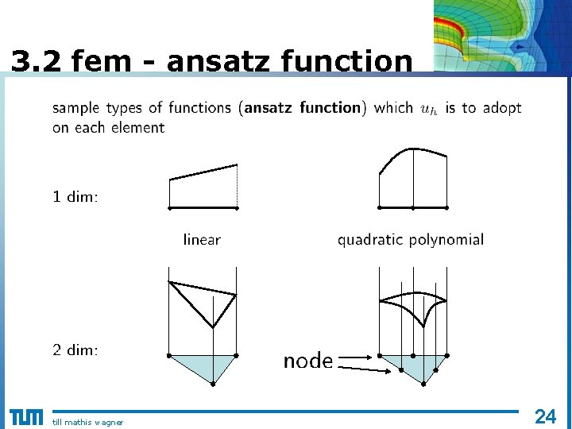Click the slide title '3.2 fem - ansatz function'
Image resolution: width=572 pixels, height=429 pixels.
[x=212, y=60]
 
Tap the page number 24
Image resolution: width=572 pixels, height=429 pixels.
[x=545, y=415]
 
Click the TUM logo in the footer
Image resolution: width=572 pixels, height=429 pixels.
[x=25, y=418]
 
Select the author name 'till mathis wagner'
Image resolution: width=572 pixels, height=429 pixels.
[x=87, y=422]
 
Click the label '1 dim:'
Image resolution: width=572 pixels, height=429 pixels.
[x=75, y=197]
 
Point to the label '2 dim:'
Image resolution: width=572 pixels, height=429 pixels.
[x=75, y=350]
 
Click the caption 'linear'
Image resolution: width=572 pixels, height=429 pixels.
[x=202, y=239]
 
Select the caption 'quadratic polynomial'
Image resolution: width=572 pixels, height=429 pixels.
[x=410, y=239]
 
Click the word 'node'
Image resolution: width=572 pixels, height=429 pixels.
[x=308, y=361]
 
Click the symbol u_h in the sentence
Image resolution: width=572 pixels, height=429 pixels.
[x=429, y=109]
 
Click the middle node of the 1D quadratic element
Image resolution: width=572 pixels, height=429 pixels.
[x=413, y=207]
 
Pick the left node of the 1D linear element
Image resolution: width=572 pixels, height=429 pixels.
[x=169, y=207]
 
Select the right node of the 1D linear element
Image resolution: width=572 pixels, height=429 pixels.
[x=238, y=207]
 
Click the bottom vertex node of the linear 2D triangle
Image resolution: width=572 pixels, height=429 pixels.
[x=213, y=384]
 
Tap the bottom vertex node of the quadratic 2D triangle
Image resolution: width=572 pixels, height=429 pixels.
[x=423, y=384]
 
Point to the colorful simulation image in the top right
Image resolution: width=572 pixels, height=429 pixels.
[x=502, y=37]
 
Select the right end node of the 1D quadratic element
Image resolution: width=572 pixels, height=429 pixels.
[x=446, y=207]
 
